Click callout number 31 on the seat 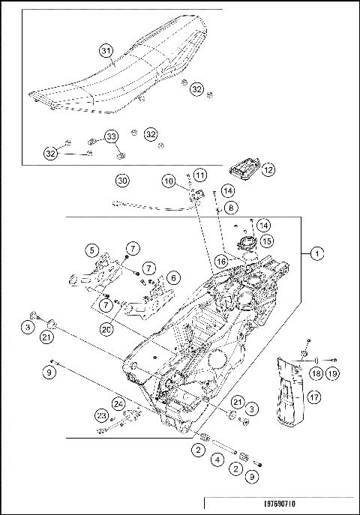coord(106,51)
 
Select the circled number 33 coord(111,136)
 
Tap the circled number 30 coord(122,180)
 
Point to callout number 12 coord(268,170)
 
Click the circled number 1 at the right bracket coord(318,254)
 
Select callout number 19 coord(331,373)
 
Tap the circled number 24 coord(118,403)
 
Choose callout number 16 coord(221,261)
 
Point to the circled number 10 coord(169,181)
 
